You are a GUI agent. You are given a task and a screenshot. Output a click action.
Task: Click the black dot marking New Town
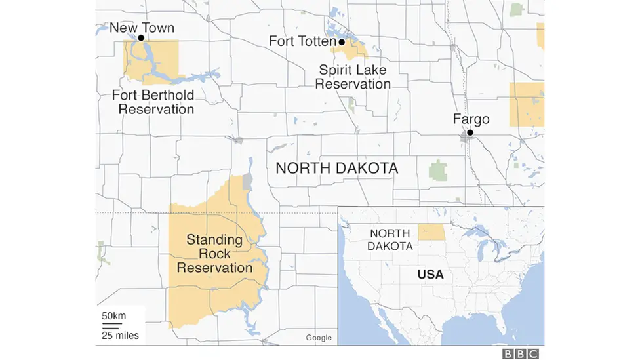point(140,38)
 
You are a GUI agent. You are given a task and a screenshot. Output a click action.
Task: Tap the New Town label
point(142,28)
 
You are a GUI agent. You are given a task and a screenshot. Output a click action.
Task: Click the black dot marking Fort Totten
point(342,42)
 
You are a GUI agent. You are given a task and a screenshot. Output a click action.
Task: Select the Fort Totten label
point(302,41)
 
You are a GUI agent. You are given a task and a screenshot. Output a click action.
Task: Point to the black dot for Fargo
point(470,132)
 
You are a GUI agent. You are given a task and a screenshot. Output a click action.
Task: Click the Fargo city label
point(471,119)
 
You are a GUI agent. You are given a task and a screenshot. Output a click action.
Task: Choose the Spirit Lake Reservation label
point(353,77)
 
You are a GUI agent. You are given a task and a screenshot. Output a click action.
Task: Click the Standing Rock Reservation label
point(214,254)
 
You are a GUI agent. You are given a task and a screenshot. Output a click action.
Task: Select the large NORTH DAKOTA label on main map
point(336,168)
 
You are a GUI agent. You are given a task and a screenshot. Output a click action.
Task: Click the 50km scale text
point(113,316)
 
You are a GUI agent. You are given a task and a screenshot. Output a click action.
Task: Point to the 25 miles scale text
point(120,336)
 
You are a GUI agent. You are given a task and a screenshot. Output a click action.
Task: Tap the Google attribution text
point(319,338)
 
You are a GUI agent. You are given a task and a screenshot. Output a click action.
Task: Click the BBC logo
point(520,353)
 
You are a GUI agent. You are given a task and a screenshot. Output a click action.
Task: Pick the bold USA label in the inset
point(430,275)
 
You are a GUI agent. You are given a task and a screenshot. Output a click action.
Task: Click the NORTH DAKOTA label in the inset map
point(391,239)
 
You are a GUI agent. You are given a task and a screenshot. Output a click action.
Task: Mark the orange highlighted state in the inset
point(431,232)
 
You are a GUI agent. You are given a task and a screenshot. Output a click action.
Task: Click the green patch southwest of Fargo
point(437,171)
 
